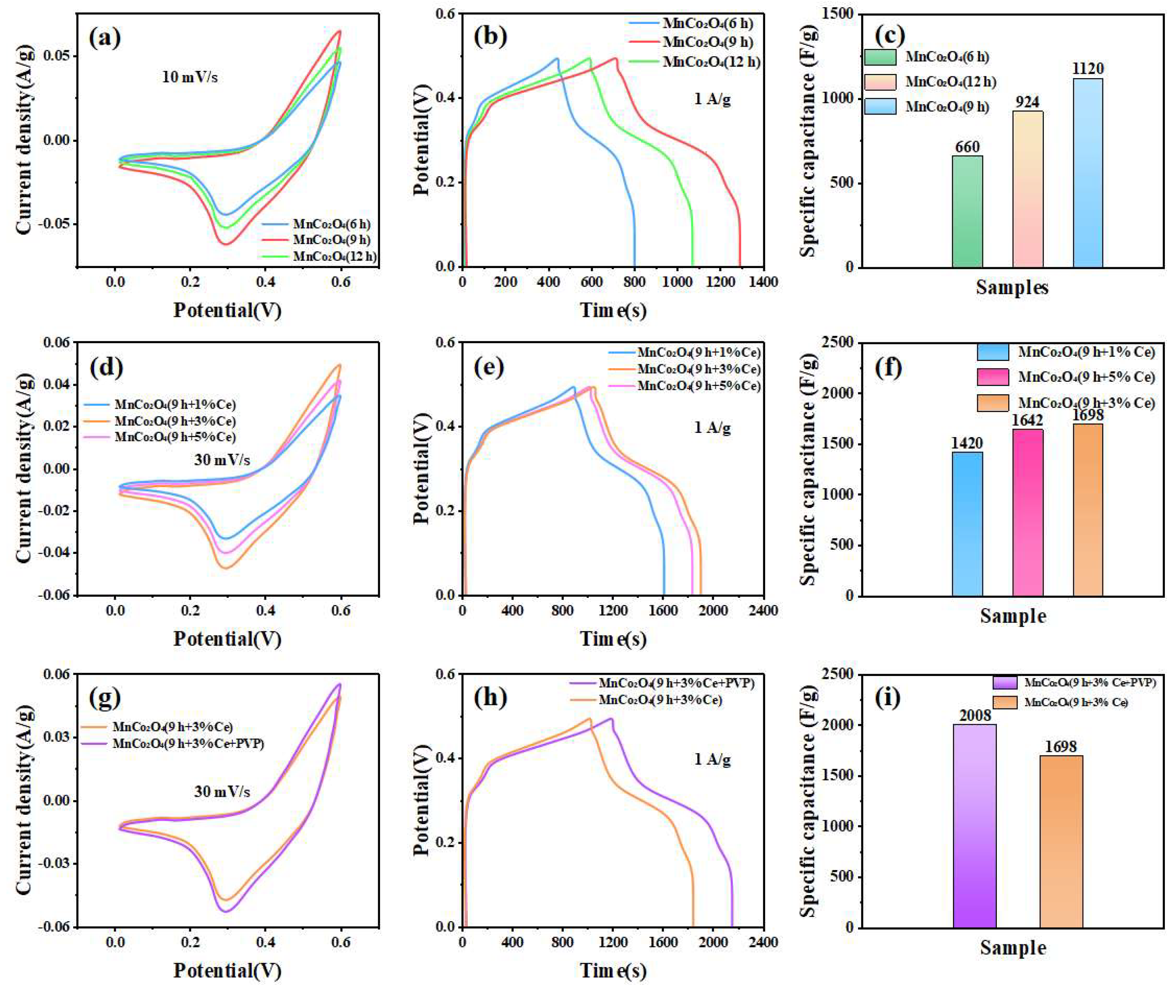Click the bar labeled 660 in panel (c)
(x=967, y=211)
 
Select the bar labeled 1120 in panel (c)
(x=1088, y=172)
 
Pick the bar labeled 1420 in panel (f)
(x=967, y=524)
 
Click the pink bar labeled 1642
(x=1027, y=513)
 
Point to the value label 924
(x=1027, y=102)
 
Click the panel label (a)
(x=105, y=38)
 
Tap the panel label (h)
(x=490, y=698)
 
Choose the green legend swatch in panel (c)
(x=880, y=57)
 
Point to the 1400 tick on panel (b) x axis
(x=764, y=282)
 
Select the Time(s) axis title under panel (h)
(x=613, y=970)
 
